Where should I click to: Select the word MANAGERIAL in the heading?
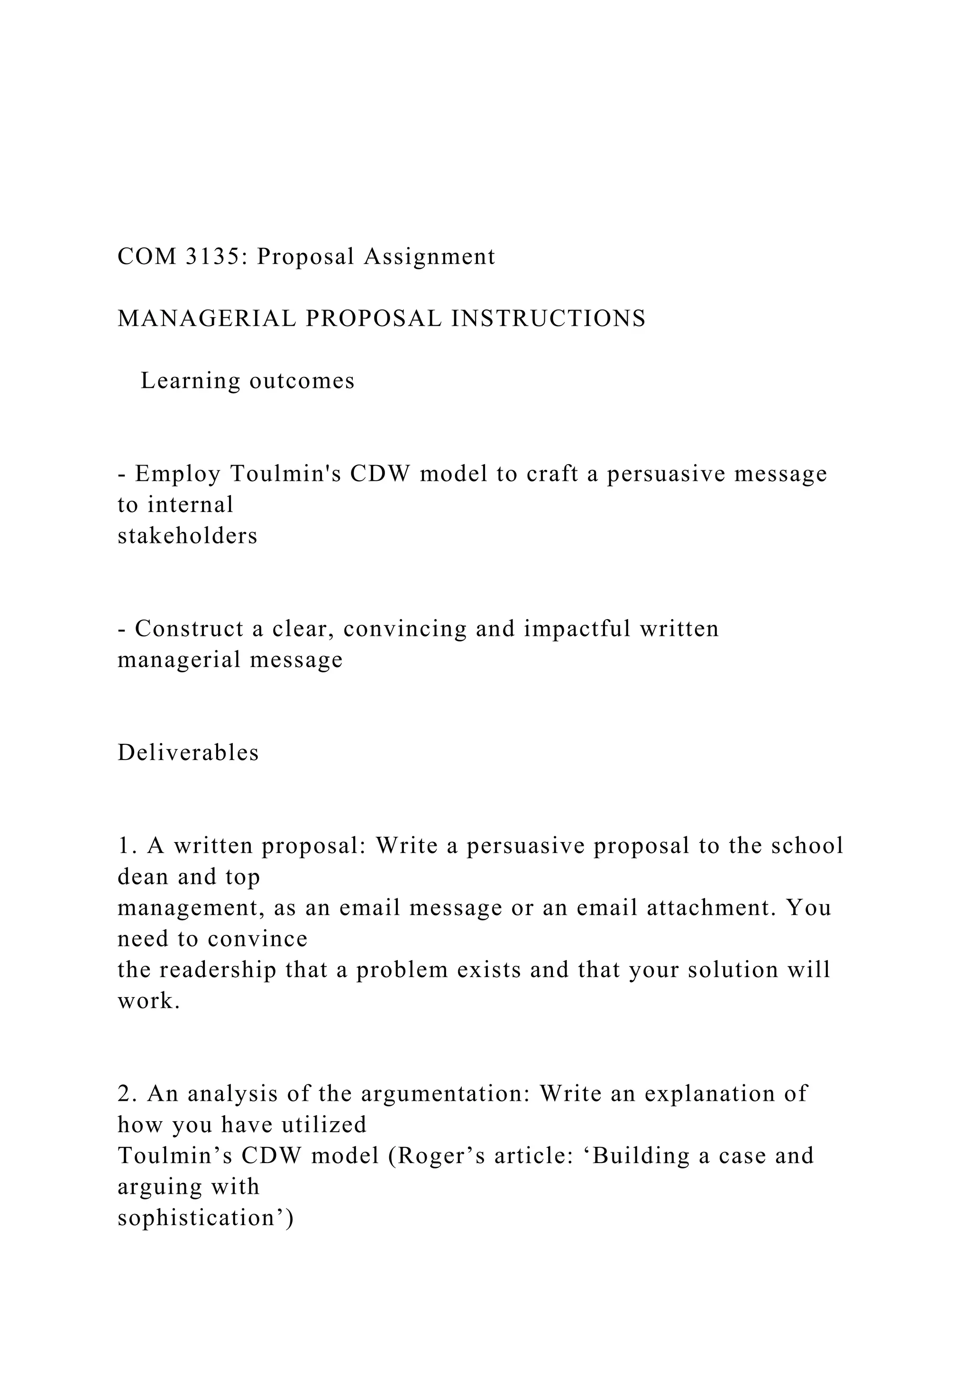pyautogui.click(x=207, y=318)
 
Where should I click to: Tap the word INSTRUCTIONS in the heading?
pyautogui.click(x=548, y=318)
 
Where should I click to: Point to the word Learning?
pyautogui.click(x=190, y=380)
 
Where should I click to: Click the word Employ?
pyautogui.click(x=178, y=474)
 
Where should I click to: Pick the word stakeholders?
pyautogui.click(x=187, y=536)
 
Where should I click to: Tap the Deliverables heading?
pyautogui.click(x=188, y=752)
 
